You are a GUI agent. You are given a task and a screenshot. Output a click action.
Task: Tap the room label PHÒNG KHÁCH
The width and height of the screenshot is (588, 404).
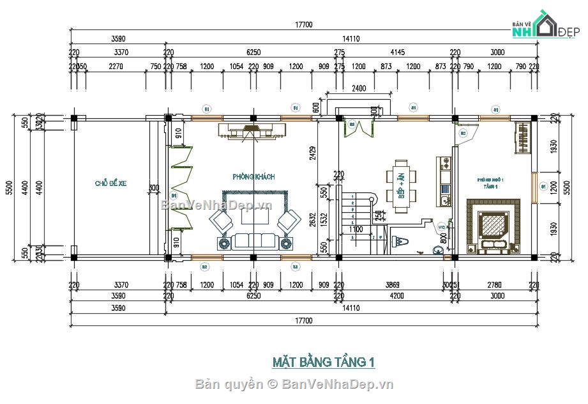[x=253, y=176]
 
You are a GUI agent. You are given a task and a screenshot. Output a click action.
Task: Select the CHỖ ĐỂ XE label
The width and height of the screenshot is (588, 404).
[x=111, y=183]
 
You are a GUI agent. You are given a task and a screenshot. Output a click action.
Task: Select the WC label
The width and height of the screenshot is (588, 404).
[x=442, y=226]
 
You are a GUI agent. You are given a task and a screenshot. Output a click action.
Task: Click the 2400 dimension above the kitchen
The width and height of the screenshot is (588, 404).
[x=359, y=89]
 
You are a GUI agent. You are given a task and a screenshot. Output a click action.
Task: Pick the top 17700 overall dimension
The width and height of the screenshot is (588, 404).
[x=303, y=25]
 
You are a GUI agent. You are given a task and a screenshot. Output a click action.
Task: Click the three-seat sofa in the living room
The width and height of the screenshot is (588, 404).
[x=254, y=241]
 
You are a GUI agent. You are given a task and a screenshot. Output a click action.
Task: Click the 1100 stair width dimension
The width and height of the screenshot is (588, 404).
[x=356, y=229]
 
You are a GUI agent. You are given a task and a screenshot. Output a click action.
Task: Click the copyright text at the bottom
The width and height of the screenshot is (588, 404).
[x=294, y=384]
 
